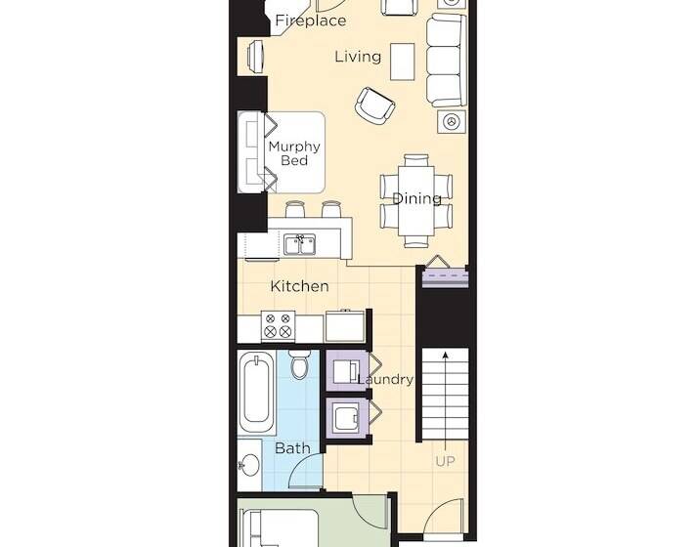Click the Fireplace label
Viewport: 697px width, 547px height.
coord(311,21)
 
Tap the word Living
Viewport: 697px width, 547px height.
coord(358,57)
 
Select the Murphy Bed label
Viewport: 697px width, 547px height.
coord(294,154)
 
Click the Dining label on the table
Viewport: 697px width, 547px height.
coord(416,199)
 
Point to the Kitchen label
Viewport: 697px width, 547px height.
coord(299,286)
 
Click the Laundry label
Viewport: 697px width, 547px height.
coord(386,379)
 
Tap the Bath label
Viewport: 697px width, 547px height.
coord(292,448)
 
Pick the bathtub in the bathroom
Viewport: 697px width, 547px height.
coord(258,393)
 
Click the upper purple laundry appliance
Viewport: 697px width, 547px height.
coord(347,372)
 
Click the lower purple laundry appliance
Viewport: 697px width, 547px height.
coord(347,417)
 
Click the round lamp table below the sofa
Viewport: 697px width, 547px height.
coord(452,122)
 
